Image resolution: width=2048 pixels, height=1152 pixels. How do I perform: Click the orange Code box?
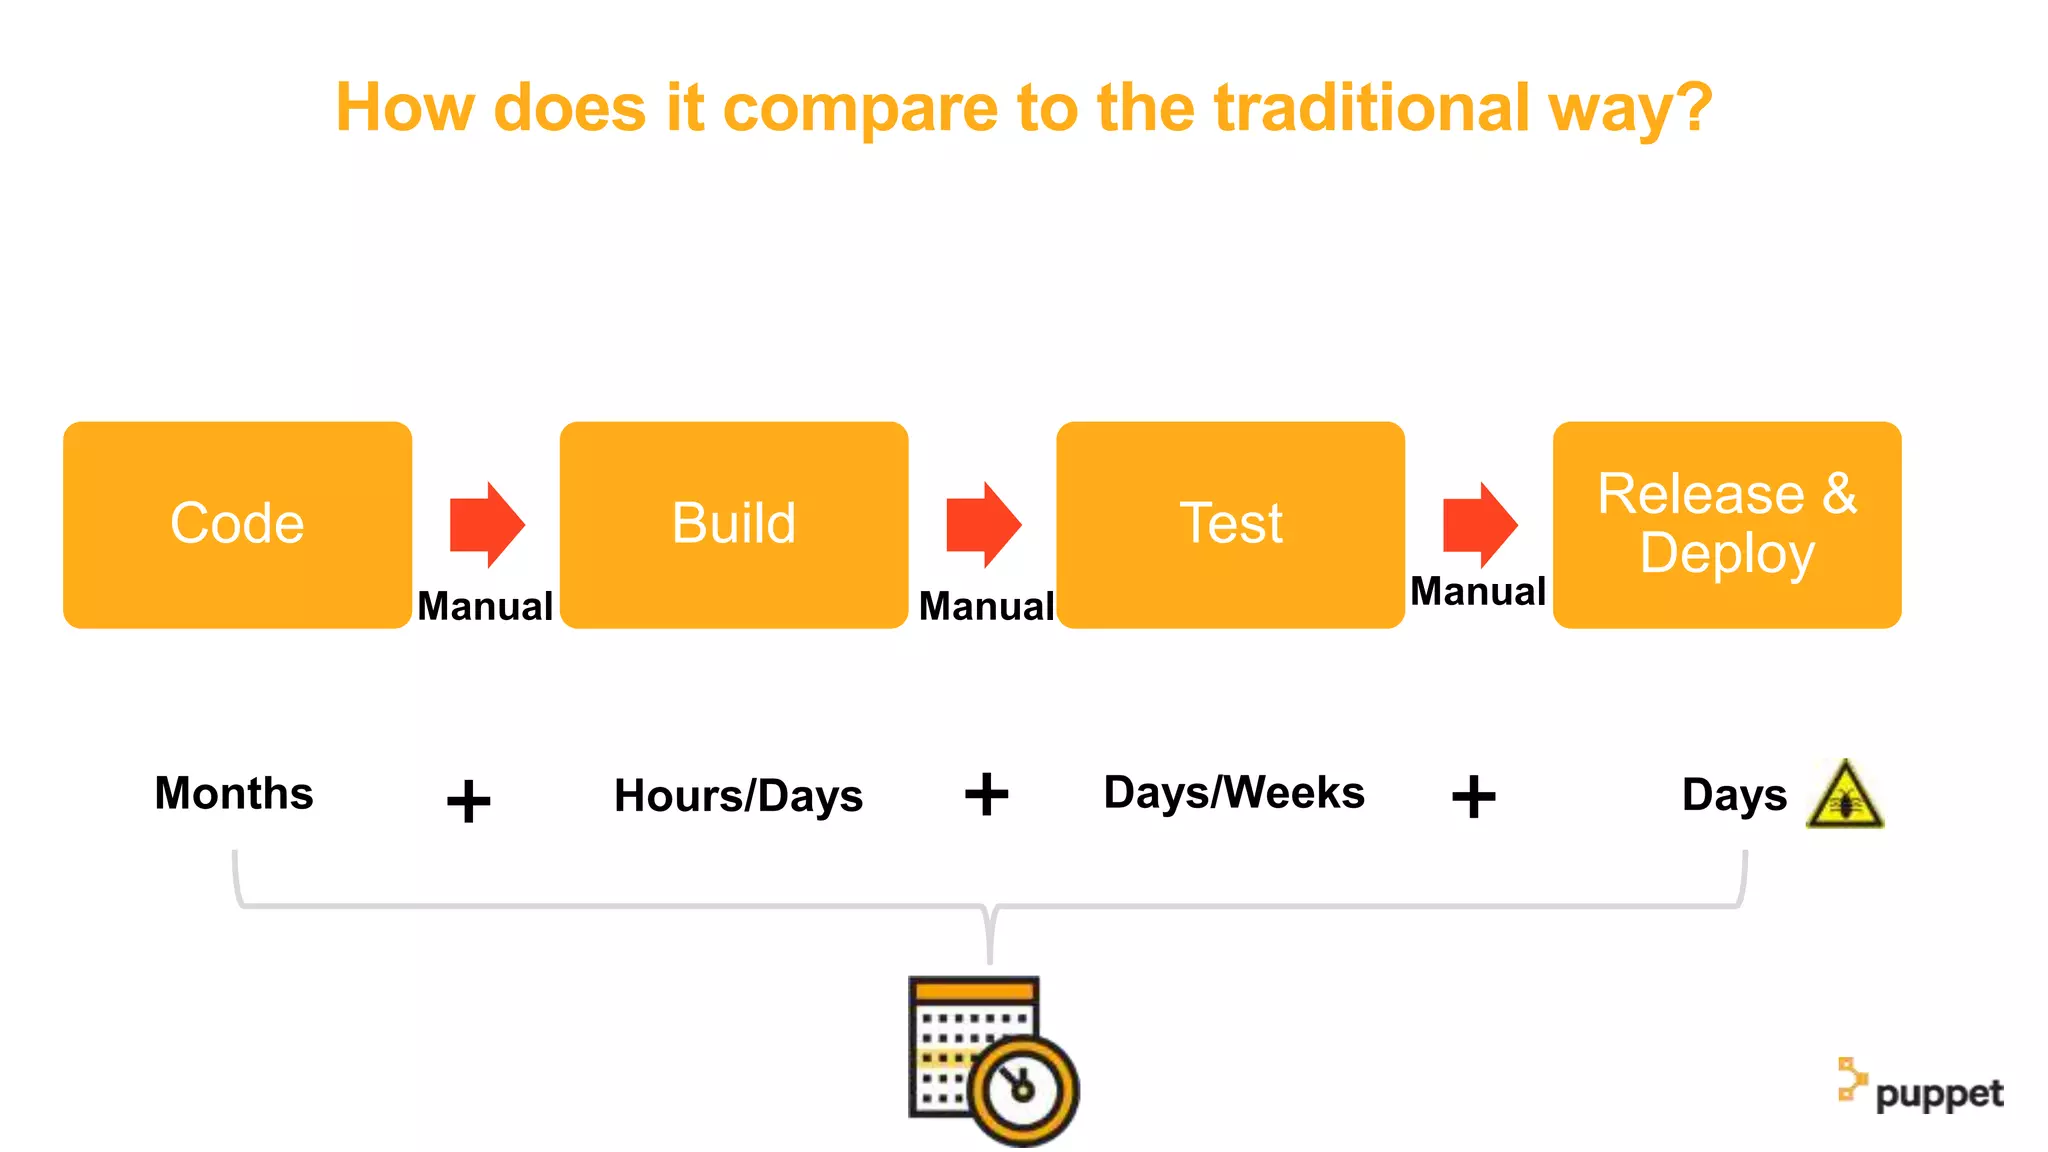click(237, 524)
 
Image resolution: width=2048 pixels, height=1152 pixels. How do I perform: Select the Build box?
click(734, 524)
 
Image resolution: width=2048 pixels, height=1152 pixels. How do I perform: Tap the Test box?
click(1230, 524)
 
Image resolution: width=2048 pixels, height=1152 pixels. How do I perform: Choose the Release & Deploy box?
click(1727, 524)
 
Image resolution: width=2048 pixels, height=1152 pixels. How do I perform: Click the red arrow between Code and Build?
click(487, 525)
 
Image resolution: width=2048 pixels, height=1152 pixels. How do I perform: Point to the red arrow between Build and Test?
click(984, 525)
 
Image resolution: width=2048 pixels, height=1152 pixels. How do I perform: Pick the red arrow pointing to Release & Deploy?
click(1480, 525)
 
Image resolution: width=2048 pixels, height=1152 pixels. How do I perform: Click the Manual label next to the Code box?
click(485, 606)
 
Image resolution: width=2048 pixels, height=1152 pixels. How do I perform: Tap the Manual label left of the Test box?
click(986, 606)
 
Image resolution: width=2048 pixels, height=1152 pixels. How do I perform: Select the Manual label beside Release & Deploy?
click(1478, 591)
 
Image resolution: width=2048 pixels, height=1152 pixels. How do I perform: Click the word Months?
click(234, 793)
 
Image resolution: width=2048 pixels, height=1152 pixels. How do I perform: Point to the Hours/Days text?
click(738, 796)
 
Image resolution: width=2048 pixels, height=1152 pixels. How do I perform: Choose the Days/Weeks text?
click(1234, 793)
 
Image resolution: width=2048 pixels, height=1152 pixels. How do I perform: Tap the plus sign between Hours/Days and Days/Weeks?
click(986, 795)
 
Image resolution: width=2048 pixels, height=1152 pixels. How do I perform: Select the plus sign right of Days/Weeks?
click(1473, 797)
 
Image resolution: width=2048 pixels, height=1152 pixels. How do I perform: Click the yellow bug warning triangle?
click(1845, 796)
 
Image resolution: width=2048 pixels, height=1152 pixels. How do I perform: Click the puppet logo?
click(1920, 1088)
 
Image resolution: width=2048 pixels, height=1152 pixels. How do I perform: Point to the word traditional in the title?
click(1371, 107)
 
